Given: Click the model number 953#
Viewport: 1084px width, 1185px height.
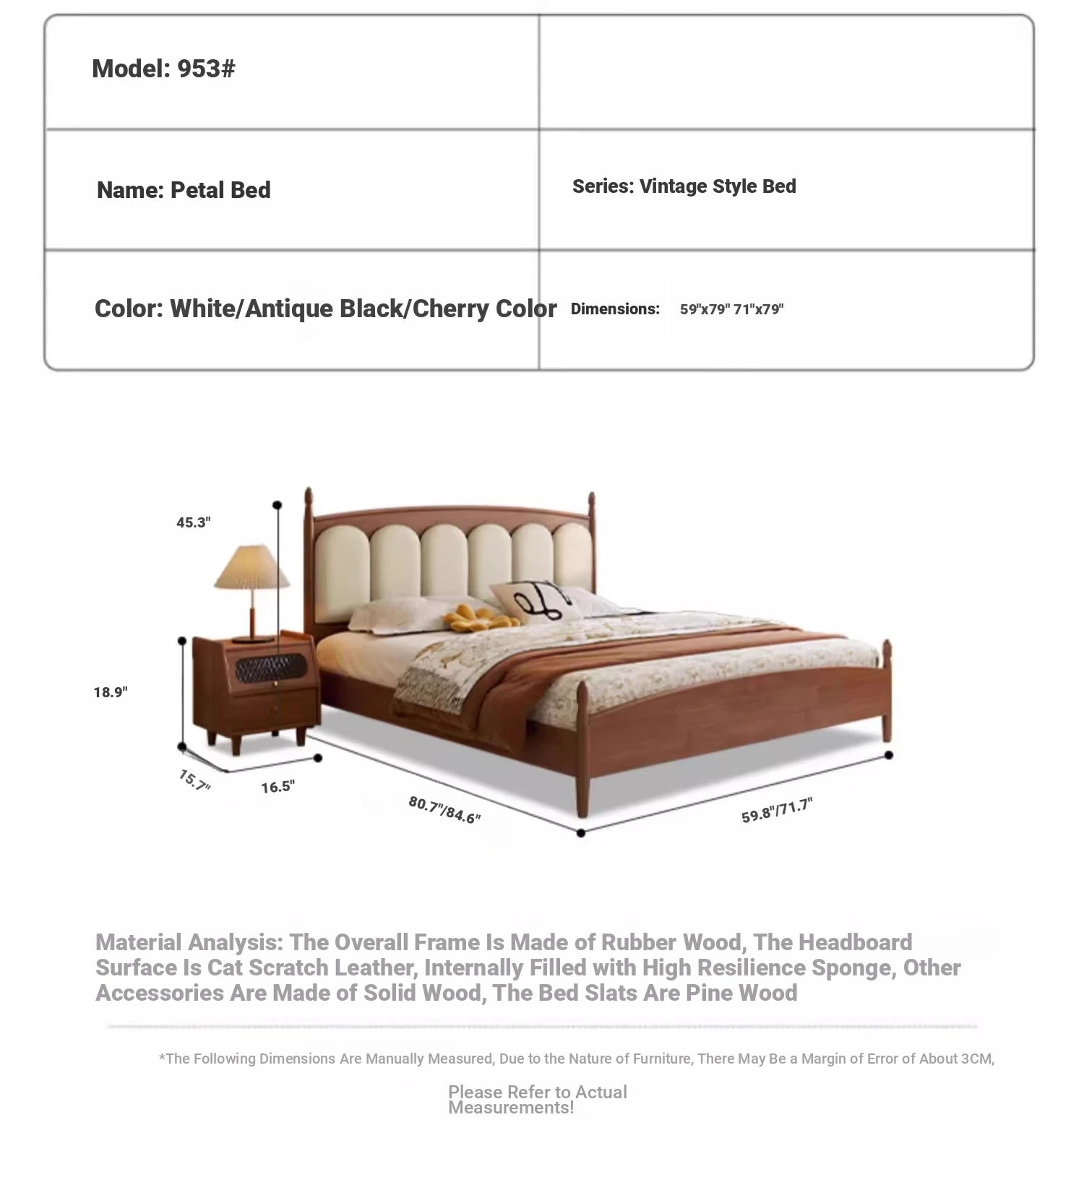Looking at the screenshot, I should [206, 69].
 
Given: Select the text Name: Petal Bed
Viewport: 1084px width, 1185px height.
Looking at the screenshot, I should [184, 190].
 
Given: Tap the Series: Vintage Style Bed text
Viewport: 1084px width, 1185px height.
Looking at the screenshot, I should [684, 186].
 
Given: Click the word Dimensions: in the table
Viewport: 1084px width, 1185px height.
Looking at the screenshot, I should [615, 309].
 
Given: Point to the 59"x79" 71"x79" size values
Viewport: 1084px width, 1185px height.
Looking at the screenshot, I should [731, 309].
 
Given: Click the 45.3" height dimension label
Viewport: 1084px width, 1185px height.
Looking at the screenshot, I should [194, 522].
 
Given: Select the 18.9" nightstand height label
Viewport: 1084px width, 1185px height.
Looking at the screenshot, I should [111, 692].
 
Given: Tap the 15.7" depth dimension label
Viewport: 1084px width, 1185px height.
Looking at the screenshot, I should [194, 780].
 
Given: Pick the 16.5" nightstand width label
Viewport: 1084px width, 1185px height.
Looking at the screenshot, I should [278, 787].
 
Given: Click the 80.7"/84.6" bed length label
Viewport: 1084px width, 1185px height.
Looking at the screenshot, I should [444, 810].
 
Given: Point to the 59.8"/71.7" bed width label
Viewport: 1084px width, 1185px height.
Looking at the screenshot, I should [777, 811].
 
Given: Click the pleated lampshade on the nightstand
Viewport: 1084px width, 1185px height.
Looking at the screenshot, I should [251, 567].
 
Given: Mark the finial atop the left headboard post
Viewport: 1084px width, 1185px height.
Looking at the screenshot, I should [309, 497].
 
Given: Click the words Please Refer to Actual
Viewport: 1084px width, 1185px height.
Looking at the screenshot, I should [537, 1092].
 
